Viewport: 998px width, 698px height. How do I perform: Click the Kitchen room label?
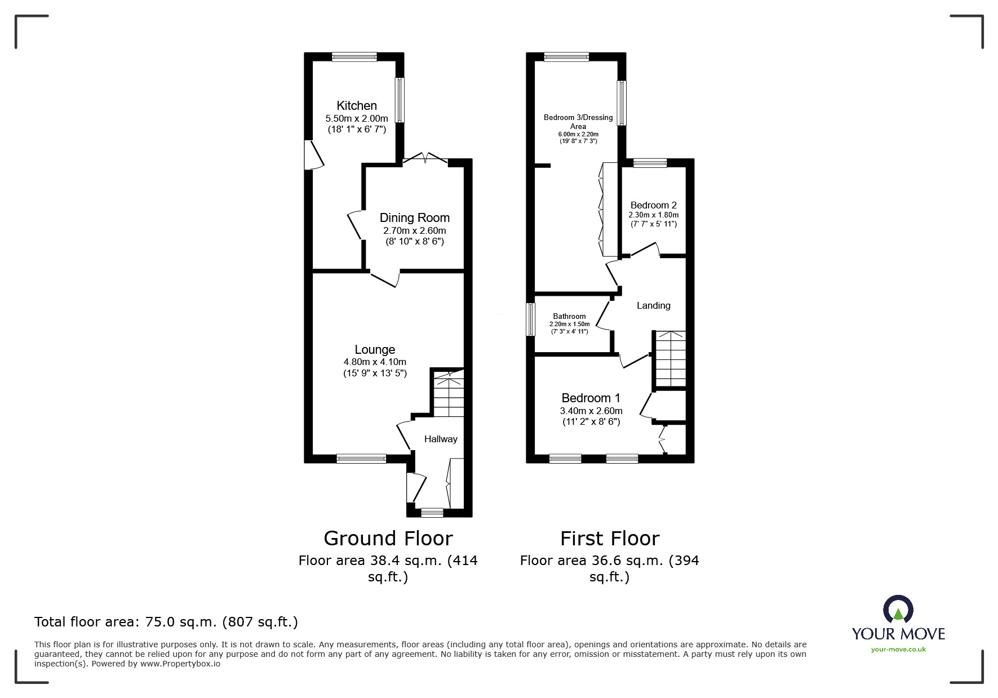point(357,105)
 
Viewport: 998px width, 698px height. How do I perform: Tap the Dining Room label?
point(415,217)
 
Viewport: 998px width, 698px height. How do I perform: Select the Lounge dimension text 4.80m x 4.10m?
point(375,362)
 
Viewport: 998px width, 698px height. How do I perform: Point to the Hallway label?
point(441,439)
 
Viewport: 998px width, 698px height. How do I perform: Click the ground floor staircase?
point(448,393)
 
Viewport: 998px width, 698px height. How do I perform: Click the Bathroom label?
point(569,316)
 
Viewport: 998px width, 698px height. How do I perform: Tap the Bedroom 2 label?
point(654,205)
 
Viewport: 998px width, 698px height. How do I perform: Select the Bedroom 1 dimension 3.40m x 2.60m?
point(591,411)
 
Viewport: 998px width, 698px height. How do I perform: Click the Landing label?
point(654,305)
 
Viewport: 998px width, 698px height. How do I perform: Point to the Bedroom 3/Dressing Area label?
point(578,122)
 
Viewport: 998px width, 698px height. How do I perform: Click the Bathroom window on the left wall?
point(530,319)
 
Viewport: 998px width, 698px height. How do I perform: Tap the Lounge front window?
point(361,459)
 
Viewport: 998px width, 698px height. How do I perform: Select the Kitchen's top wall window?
point(354,56)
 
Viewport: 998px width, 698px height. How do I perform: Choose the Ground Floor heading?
point(388,539)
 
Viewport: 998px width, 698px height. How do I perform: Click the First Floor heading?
point(610,539)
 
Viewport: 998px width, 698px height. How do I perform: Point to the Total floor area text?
point(166,622)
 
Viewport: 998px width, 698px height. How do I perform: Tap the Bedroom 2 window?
point(650,163)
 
